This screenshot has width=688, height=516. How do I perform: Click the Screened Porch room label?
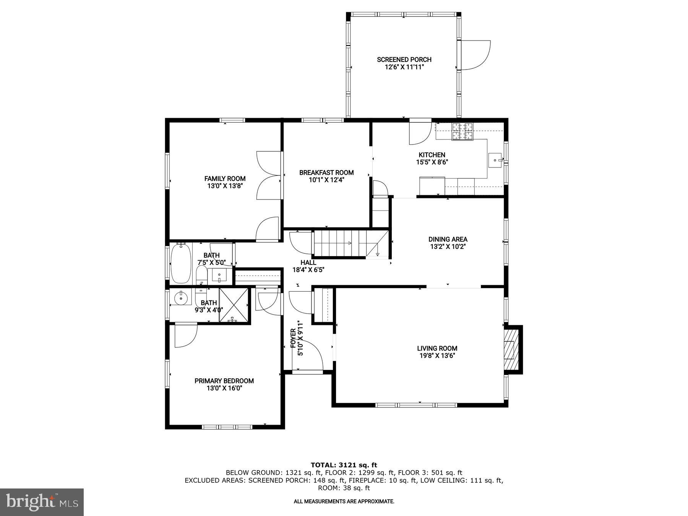(404, 60)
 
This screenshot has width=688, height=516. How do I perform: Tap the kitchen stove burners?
(462, 131)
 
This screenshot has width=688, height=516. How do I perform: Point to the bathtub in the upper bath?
(180, 264)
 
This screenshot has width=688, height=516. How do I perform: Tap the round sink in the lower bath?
(180, 297)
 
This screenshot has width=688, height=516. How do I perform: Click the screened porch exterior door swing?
(475, 55)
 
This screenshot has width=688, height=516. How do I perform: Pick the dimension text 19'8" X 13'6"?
(437, 355)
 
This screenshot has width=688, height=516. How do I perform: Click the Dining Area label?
(448, 239)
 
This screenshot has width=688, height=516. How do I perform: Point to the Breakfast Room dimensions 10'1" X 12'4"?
(326, 180)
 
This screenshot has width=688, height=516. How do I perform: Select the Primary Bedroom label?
(224, 381)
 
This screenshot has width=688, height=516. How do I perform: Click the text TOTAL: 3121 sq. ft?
(344, 465)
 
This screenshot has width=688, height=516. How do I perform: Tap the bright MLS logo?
(42, 502)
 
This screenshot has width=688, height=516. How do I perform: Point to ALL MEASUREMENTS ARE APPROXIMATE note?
(344, 501)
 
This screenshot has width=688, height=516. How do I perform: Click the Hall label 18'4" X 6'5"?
(308, 266)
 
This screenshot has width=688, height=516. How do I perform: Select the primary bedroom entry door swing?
(185, 335)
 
